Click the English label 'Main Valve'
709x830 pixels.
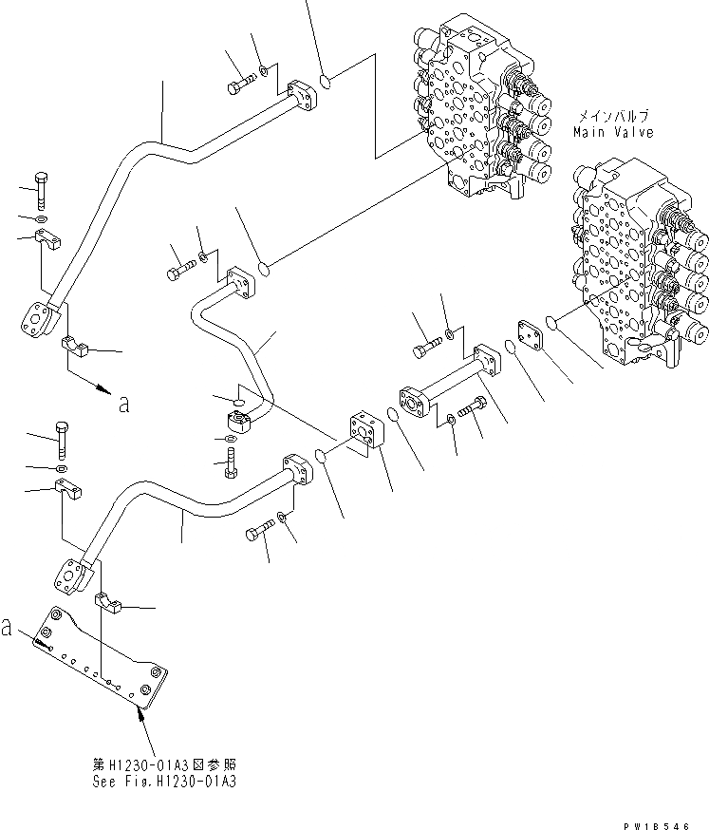click(x=612, y=133)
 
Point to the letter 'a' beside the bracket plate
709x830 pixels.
click(x=9, y=628)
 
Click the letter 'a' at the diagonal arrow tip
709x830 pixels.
click(x=122, y=405)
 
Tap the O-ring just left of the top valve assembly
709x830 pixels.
click(x=325, y=83)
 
